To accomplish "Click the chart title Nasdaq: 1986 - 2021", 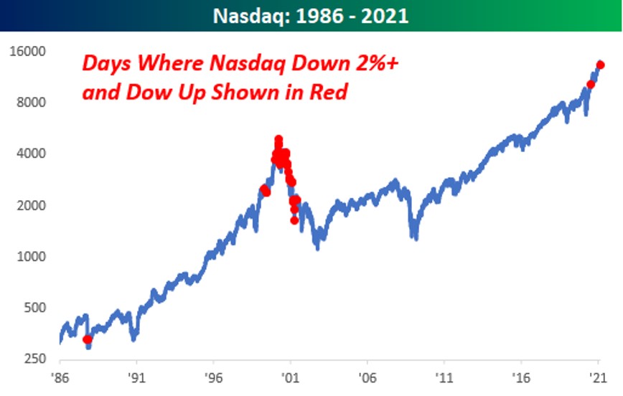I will [x=311, y=15].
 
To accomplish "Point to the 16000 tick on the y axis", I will [x=27, y=52].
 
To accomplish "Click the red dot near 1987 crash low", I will [x=88, y=339].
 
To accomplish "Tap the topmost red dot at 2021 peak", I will [x=601, y=65].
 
